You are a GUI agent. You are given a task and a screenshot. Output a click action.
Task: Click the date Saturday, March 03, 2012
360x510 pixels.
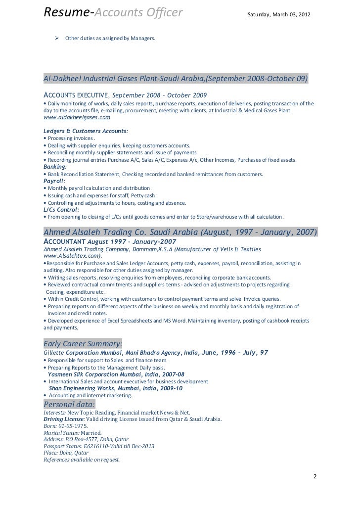tap(279, 12)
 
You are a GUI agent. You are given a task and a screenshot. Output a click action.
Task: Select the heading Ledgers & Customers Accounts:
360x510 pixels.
tap(86, 131)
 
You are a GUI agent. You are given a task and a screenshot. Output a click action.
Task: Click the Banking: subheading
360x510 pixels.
tap(57, 167)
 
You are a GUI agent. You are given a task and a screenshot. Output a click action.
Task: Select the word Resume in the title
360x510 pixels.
tap(65, 11)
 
